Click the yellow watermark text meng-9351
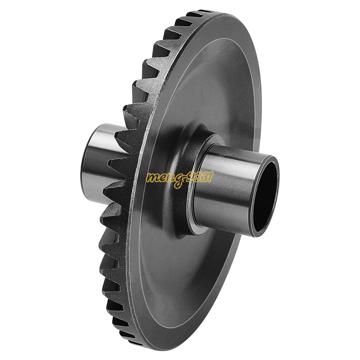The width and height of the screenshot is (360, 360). [179, 177]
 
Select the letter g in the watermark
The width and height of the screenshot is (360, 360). [177, 180]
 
